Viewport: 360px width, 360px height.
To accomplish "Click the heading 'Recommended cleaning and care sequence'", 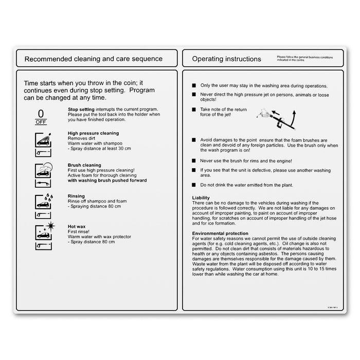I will point(94,59).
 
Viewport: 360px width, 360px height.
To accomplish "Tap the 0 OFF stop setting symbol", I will point(41,117).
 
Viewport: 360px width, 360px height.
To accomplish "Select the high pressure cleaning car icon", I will point(43,139).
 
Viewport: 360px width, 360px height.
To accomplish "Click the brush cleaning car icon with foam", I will point(43,170).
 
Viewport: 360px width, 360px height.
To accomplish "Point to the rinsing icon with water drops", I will point(43,201).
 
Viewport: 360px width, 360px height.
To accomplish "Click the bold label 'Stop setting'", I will point(81,110).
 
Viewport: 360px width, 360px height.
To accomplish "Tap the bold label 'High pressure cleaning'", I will point(93,133).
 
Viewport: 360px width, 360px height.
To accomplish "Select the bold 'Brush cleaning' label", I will point(84,165).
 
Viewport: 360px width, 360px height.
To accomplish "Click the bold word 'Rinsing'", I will point(76,196).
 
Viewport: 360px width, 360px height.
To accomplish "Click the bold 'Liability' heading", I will point(201,198).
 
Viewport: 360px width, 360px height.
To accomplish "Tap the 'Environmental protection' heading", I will point(220,233).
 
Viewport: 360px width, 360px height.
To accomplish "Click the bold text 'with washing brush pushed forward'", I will point(107,181).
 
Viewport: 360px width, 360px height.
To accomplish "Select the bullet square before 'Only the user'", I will point(193,85).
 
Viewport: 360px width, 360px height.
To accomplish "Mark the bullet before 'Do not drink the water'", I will point(193,184).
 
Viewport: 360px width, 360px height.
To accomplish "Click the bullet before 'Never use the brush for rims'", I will point(193,160).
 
